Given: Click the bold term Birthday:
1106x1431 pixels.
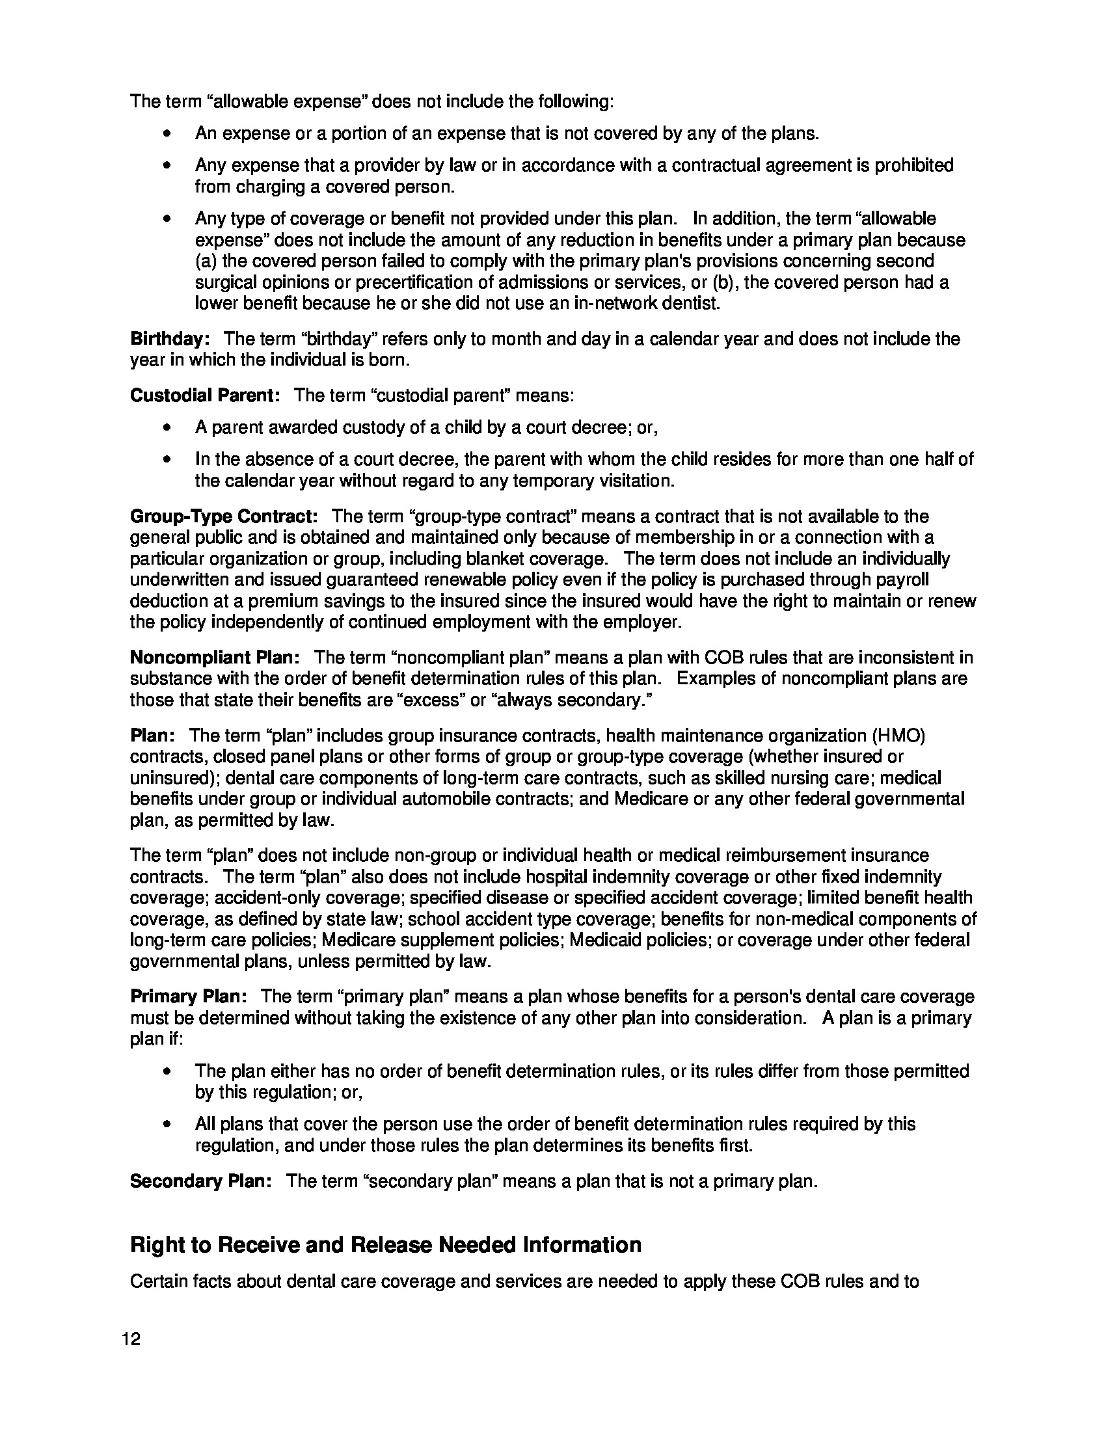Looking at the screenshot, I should (170, 339).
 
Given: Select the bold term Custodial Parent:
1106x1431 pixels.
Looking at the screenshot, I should (205, 395).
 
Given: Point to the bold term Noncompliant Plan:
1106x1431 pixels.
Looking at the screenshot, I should (215, 657).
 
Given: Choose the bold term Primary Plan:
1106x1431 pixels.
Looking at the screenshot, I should (189, 996).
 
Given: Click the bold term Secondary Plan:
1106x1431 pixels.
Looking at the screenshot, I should (201, 1181).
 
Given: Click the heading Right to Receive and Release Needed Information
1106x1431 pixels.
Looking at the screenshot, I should (385, 1244).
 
